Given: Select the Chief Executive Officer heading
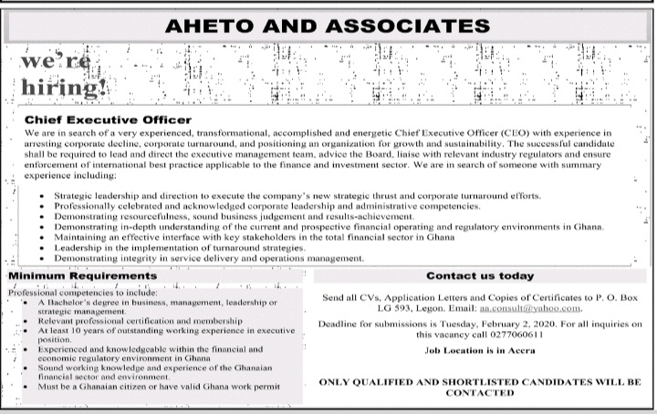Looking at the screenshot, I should (108, 120).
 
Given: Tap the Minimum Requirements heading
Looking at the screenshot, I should (83, 275).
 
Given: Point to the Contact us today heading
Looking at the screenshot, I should (480, 275).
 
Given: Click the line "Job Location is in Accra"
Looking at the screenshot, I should (480, 351).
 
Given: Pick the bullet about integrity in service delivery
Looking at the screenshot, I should (209, 258).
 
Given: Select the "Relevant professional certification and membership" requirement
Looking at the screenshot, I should (141, 322).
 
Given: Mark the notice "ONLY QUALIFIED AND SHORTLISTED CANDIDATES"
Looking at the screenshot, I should (480, 382).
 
